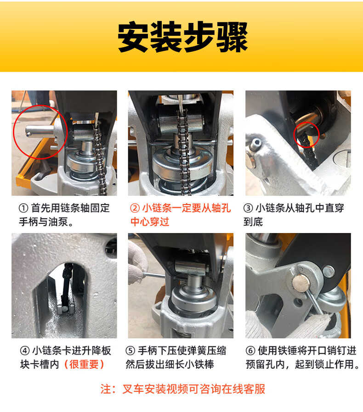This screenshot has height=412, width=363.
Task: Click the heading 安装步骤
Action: tap(182, 37)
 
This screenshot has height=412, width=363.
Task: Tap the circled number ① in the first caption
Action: tap(23, 208)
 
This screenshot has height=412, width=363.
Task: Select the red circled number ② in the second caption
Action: tap(135, 208)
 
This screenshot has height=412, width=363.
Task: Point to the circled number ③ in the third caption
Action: tap(248, 208)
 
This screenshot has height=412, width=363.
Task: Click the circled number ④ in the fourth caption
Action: tap(25, 351)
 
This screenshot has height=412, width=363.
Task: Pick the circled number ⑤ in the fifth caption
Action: tap(130, 351)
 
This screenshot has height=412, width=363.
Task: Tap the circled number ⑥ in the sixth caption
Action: tap(250, 351)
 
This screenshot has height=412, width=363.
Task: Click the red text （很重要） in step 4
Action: tap(84, 364)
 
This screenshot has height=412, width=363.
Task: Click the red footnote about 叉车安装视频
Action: tap(183, 389)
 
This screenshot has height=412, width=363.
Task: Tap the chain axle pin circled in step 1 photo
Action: tap(40, 131)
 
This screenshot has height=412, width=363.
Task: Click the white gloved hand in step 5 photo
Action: tap(137, 263)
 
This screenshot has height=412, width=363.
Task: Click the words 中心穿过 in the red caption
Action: tap(150, 222)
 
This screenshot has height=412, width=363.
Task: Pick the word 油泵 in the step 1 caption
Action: tap(58, 222)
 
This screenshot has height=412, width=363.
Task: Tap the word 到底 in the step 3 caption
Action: tap(253, 222)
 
